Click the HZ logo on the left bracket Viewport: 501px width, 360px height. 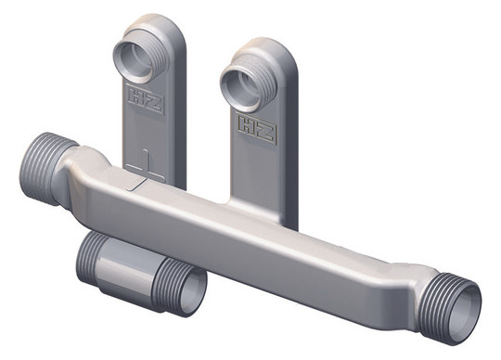click(x=146, y=98)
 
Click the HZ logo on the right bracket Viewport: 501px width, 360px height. click(x=257, y=128)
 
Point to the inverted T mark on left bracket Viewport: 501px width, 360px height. click(x=146, y=165)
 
